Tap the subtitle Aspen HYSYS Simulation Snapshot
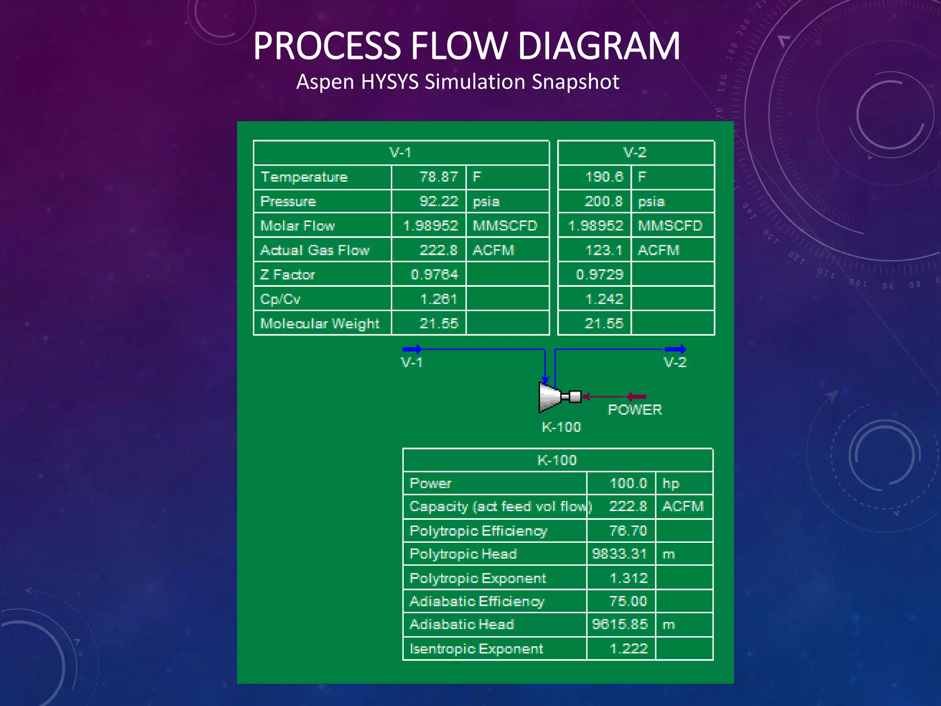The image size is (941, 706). pos(458,82)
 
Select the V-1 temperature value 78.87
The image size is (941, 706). pos(438,177)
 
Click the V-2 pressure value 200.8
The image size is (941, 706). pos(603,201)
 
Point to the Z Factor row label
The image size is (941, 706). pos(288,275)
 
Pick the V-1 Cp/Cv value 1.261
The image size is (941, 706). pos(438,299)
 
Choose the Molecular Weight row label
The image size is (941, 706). pos(320,324)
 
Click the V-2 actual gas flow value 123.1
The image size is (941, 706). pos(603,251)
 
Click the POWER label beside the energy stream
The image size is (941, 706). pos(635,410)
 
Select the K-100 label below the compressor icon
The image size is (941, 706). pos(561,427)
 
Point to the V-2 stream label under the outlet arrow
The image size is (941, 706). pos(675,363)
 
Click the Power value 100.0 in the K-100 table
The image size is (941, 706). pos(628,484)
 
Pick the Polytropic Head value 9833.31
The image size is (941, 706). pos(619,554)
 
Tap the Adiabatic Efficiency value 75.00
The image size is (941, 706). pos(628,601)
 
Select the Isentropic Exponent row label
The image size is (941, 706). pos(476,649)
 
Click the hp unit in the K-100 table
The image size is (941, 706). pos(671,484)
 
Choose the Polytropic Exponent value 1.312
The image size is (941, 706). pos(629,578)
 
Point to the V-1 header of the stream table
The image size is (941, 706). pos(400,153)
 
